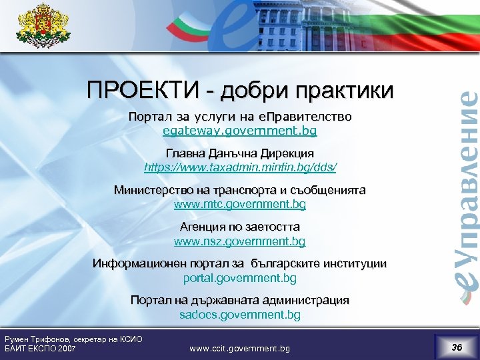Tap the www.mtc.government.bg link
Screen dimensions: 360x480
[x=240, y=203]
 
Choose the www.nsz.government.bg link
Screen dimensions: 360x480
[x=240, y=240]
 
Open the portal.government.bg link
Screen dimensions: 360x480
[x=240, y=277]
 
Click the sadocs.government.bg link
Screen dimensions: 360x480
[x=240, y=314]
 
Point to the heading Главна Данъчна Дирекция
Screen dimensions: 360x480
[x=240, y=153]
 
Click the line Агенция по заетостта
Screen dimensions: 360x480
[x=240, y=227]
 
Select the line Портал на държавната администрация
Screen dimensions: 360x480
[x=240, y=301]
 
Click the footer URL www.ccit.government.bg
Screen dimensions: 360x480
[x=240, y=348]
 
